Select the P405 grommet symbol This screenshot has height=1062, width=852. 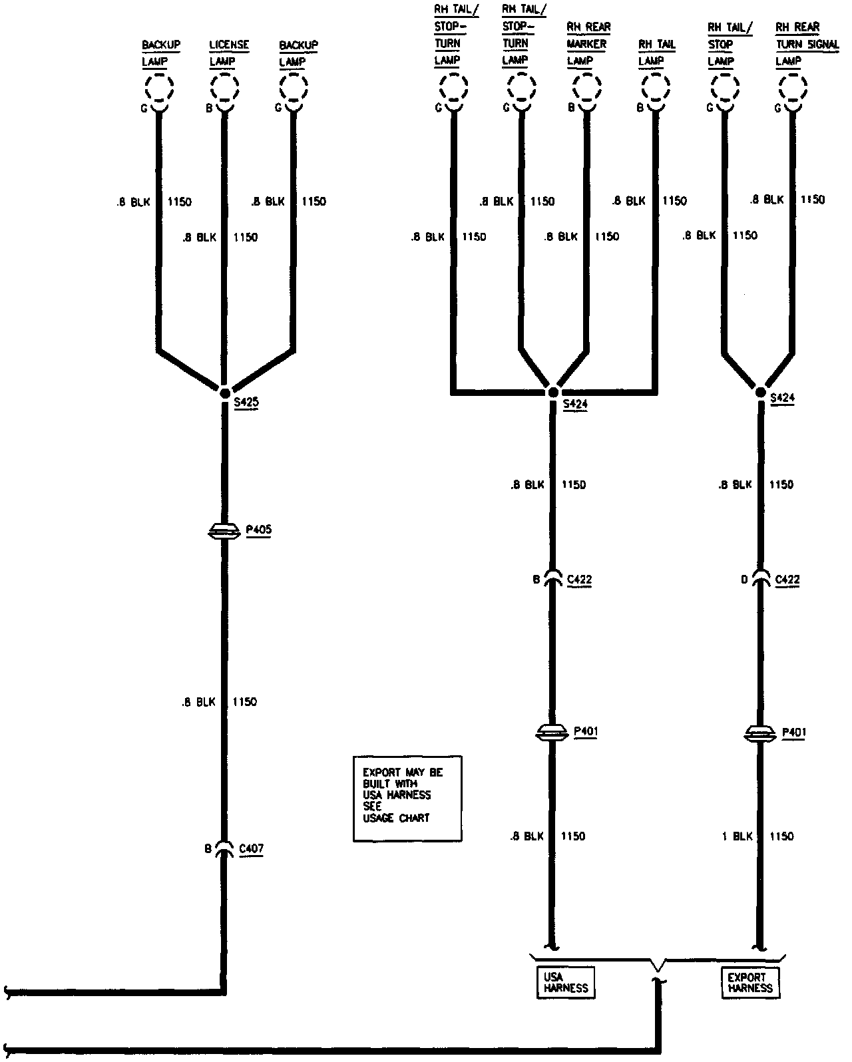point(224,531)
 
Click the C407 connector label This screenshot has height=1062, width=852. point(251,848)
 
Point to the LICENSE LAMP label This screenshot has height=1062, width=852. point(228,53)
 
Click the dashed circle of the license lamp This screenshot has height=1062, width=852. point(225,87)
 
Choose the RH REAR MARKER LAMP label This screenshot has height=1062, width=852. point(588,44)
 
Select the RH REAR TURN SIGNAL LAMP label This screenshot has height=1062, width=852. point(797,44)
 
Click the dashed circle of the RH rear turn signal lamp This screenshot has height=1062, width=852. point(792,87)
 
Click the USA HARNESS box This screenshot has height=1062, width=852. point(566,983)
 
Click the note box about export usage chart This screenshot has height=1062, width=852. point(407,798)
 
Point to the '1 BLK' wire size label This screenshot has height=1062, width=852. point(737,836)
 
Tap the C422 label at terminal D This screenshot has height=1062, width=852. point(787,580)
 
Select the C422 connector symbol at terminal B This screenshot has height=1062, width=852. point(552,578)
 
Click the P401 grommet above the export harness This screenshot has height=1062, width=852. point(759,734)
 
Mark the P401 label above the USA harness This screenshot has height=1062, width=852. point(586,732)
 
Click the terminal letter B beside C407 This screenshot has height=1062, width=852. point(208,848)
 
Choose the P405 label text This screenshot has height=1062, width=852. point(258,530)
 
